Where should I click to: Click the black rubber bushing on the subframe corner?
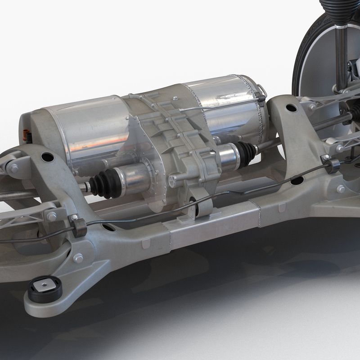[x=45, y=289]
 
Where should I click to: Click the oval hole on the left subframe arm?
[x=47, y=157]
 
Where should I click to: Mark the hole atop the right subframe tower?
[x=291, y=108]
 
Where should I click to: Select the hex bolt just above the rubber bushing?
[x=78, y=258]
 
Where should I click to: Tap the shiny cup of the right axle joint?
[x=229, y=156]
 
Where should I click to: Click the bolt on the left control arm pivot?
[x=15, y=168]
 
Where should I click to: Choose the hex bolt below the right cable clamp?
[x=341, y=189]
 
